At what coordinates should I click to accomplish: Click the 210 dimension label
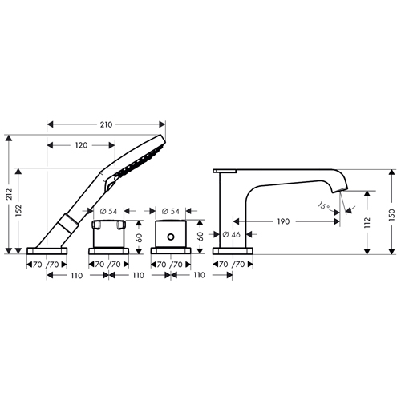tap(106, 124)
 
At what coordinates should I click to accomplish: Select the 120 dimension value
tap(81, 145)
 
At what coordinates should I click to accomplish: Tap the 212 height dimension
tap(10, 194)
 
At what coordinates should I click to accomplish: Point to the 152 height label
tap(18, 211)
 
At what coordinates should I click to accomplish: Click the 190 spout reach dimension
tap(283, 221)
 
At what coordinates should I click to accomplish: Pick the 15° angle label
tap(323, 206)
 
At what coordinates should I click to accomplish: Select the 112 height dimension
tap(367, 222)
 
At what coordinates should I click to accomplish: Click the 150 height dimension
tap(392, 214)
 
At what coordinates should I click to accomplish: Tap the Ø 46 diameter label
tap(232, 234)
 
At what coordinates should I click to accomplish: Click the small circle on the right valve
tap(171, 237)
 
